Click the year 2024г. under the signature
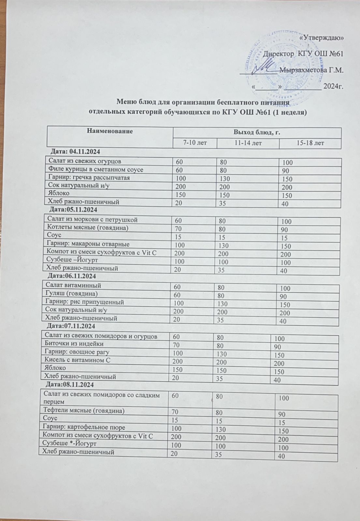[x=334, y=87]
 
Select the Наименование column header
[x=110, y=132]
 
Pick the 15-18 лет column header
[x=310, y=143]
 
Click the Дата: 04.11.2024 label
[x=75, y=152]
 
